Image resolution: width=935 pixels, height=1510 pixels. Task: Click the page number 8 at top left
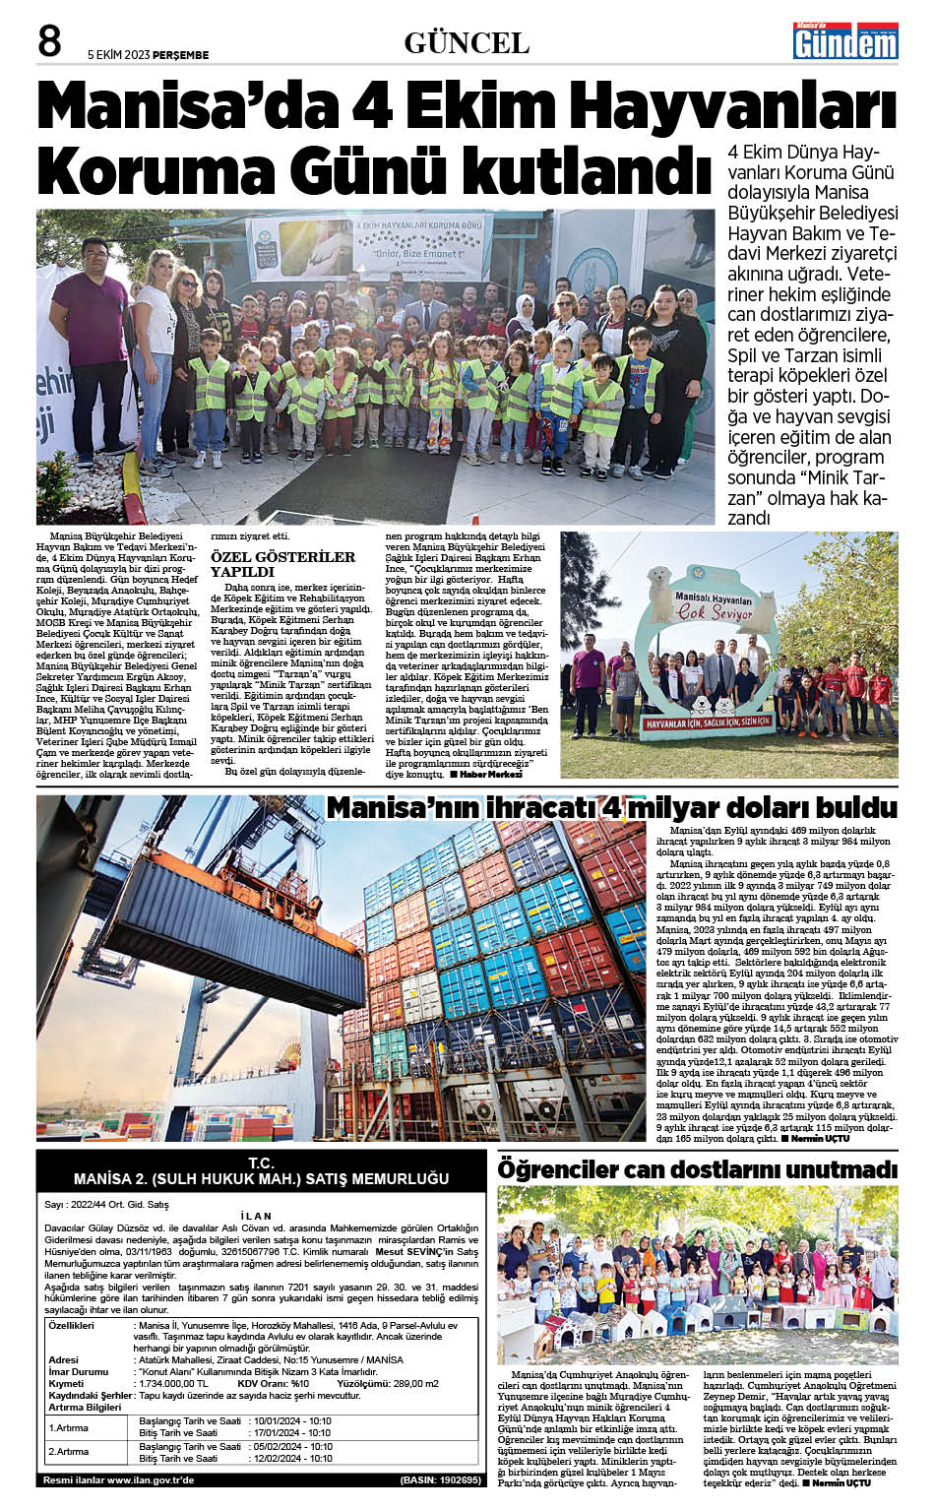click(x=49, y=41)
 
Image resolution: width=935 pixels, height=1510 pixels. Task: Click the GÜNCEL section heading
click(x=467, y=43)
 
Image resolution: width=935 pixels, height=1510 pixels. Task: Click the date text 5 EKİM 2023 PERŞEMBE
click(x=148, y=55)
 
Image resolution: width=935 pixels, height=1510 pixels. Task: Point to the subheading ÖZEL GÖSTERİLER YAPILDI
click(x=282, y=563)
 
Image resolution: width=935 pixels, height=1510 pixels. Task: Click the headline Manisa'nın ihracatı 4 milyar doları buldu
click(x=611, y=808)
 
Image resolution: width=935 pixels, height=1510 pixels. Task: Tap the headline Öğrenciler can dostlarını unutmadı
click(x=697, y=1169)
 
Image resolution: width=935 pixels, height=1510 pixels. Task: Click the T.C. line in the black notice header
click(x=261, y=1163)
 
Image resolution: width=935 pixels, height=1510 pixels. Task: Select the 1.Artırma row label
click(x=70, y=1427)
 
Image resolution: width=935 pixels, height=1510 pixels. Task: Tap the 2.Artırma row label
click(x=70, y=1452)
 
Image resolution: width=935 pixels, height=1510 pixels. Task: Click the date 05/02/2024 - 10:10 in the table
click(x=292, y=1446)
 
